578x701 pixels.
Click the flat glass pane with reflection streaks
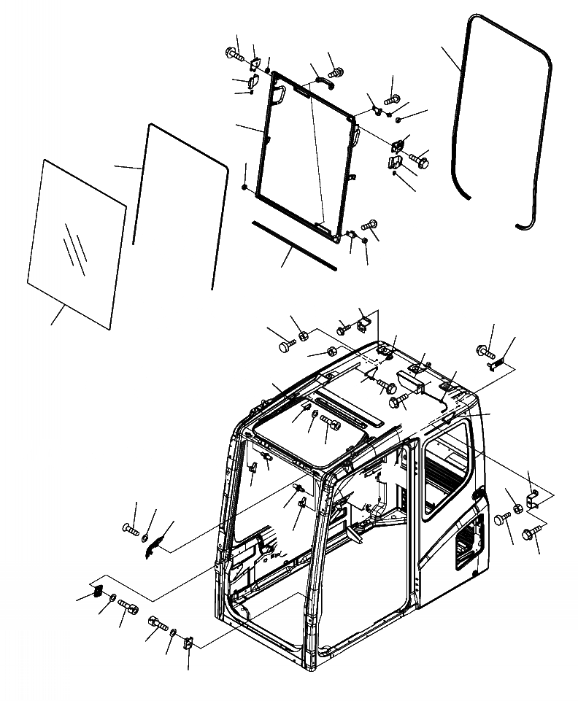77,241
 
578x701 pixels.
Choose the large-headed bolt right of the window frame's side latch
420,156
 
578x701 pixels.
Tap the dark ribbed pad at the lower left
96,591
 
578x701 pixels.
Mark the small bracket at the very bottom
188,643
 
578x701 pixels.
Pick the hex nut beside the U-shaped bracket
517,508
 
